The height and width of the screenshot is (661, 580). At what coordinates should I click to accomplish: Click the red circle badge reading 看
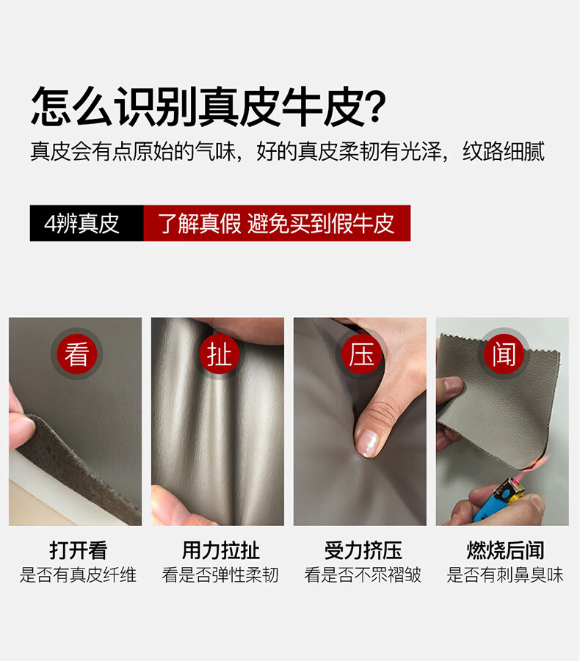pyautogui.click(x=77, y=354)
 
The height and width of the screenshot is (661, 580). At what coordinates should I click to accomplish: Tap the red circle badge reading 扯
pyautogui.click(x=219, y=354)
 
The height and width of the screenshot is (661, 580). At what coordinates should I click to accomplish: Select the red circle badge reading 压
pyautogui.click(x=361, y=354)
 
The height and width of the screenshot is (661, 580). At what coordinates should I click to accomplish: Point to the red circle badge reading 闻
pyautogui.click(x=504, y=354)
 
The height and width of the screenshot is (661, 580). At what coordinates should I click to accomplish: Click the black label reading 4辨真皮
pyautogui.click(x=87, y=223)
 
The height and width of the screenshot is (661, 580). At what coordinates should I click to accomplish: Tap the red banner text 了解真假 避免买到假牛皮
pyautogui.click(x=276, y=224)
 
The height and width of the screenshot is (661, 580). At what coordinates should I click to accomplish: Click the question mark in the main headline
pyautogui.click(x=375, y=106)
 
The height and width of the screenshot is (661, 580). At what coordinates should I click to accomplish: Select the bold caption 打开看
pyautogui.click(x=78, y=550)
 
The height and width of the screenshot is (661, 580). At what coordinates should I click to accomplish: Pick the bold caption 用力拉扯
pyautogui.click(x=220, y=550)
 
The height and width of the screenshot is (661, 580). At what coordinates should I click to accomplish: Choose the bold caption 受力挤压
pyautogui.click(x=363, y=550)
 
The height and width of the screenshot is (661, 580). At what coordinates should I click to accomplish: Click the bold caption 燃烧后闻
pyautogui.click(x=505, y=550)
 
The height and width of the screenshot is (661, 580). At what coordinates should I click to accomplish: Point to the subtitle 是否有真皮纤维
pyautogui.click(x=78, y=574)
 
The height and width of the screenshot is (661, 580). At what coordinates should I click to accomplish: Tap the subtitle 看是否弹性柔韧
pyautogui.click(x=220, y=574)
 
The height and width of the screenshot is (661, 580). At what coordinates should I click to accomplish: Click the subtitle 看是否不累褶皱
pyautogui.click(x=363, y=574)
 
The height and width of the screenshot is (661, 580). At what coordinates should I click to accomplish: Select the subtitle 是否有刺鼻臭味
pyautogui.click(x=505, y=574)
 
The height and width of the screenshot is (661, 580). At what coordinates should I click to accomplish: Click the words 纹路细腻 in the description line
pyautogui.click(x=503, y=151)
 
